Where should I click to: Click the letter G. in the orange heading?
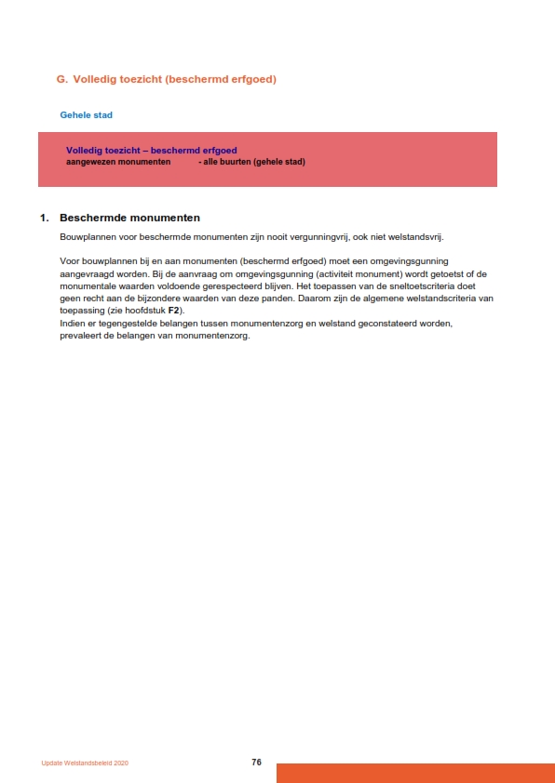62,80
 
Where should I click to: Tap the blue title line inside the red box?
151,151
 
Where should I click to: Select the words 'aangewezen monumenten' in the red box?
118,162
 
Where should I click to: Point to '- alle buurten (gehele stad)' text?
251,162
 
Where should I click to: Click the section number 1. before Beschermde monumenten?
44,218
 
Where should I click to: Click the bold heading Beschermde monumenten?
129,218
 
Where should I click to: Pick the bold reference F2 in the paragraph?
173,310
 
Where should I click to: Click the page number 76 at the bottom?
256,763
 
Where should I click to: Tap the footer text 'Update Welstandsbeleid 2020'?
85,763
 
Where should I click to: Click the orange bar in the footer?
415,773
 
